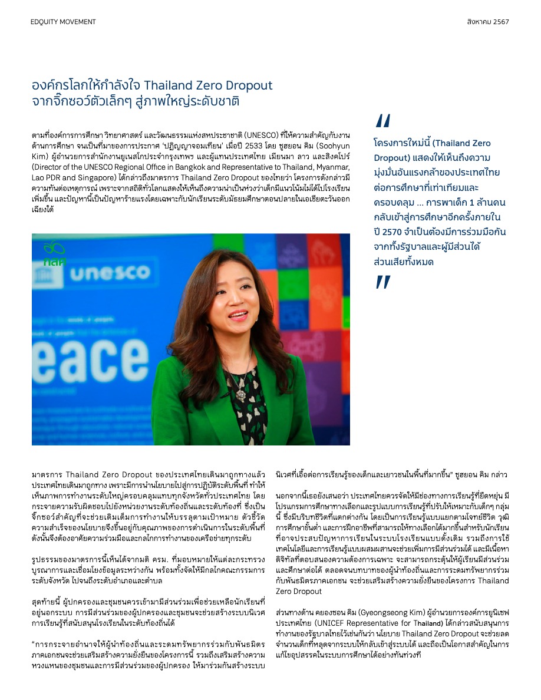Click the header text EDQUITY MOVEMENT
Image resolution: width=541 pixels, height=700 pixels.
point(63,22)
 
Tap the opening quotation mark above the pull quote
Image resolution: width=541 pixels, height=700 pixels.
point(382,121)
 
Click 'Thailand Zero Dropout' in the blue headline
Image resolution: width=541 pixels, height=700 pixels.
point(208,85)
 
